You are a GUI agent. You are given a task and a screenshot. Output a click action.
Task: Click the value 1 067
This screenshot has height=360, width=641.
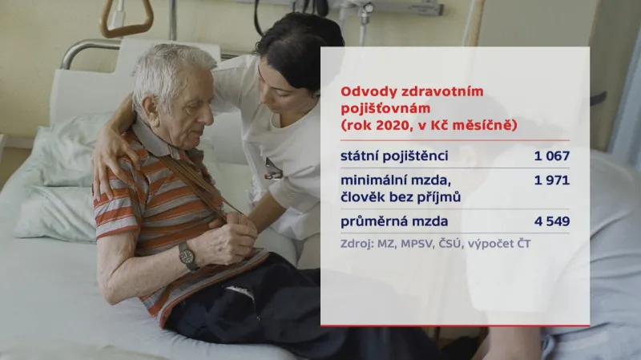551,155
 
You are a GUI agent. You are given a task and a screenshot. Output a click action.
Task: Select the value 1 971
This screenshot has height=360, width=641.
551,180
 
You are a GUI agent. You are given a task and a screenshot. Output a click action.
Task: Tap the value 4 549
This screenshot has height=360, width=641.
551,221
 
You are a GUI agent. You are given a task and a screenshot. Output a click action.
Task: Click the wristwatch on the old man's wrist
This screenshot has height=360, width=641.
187,256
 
